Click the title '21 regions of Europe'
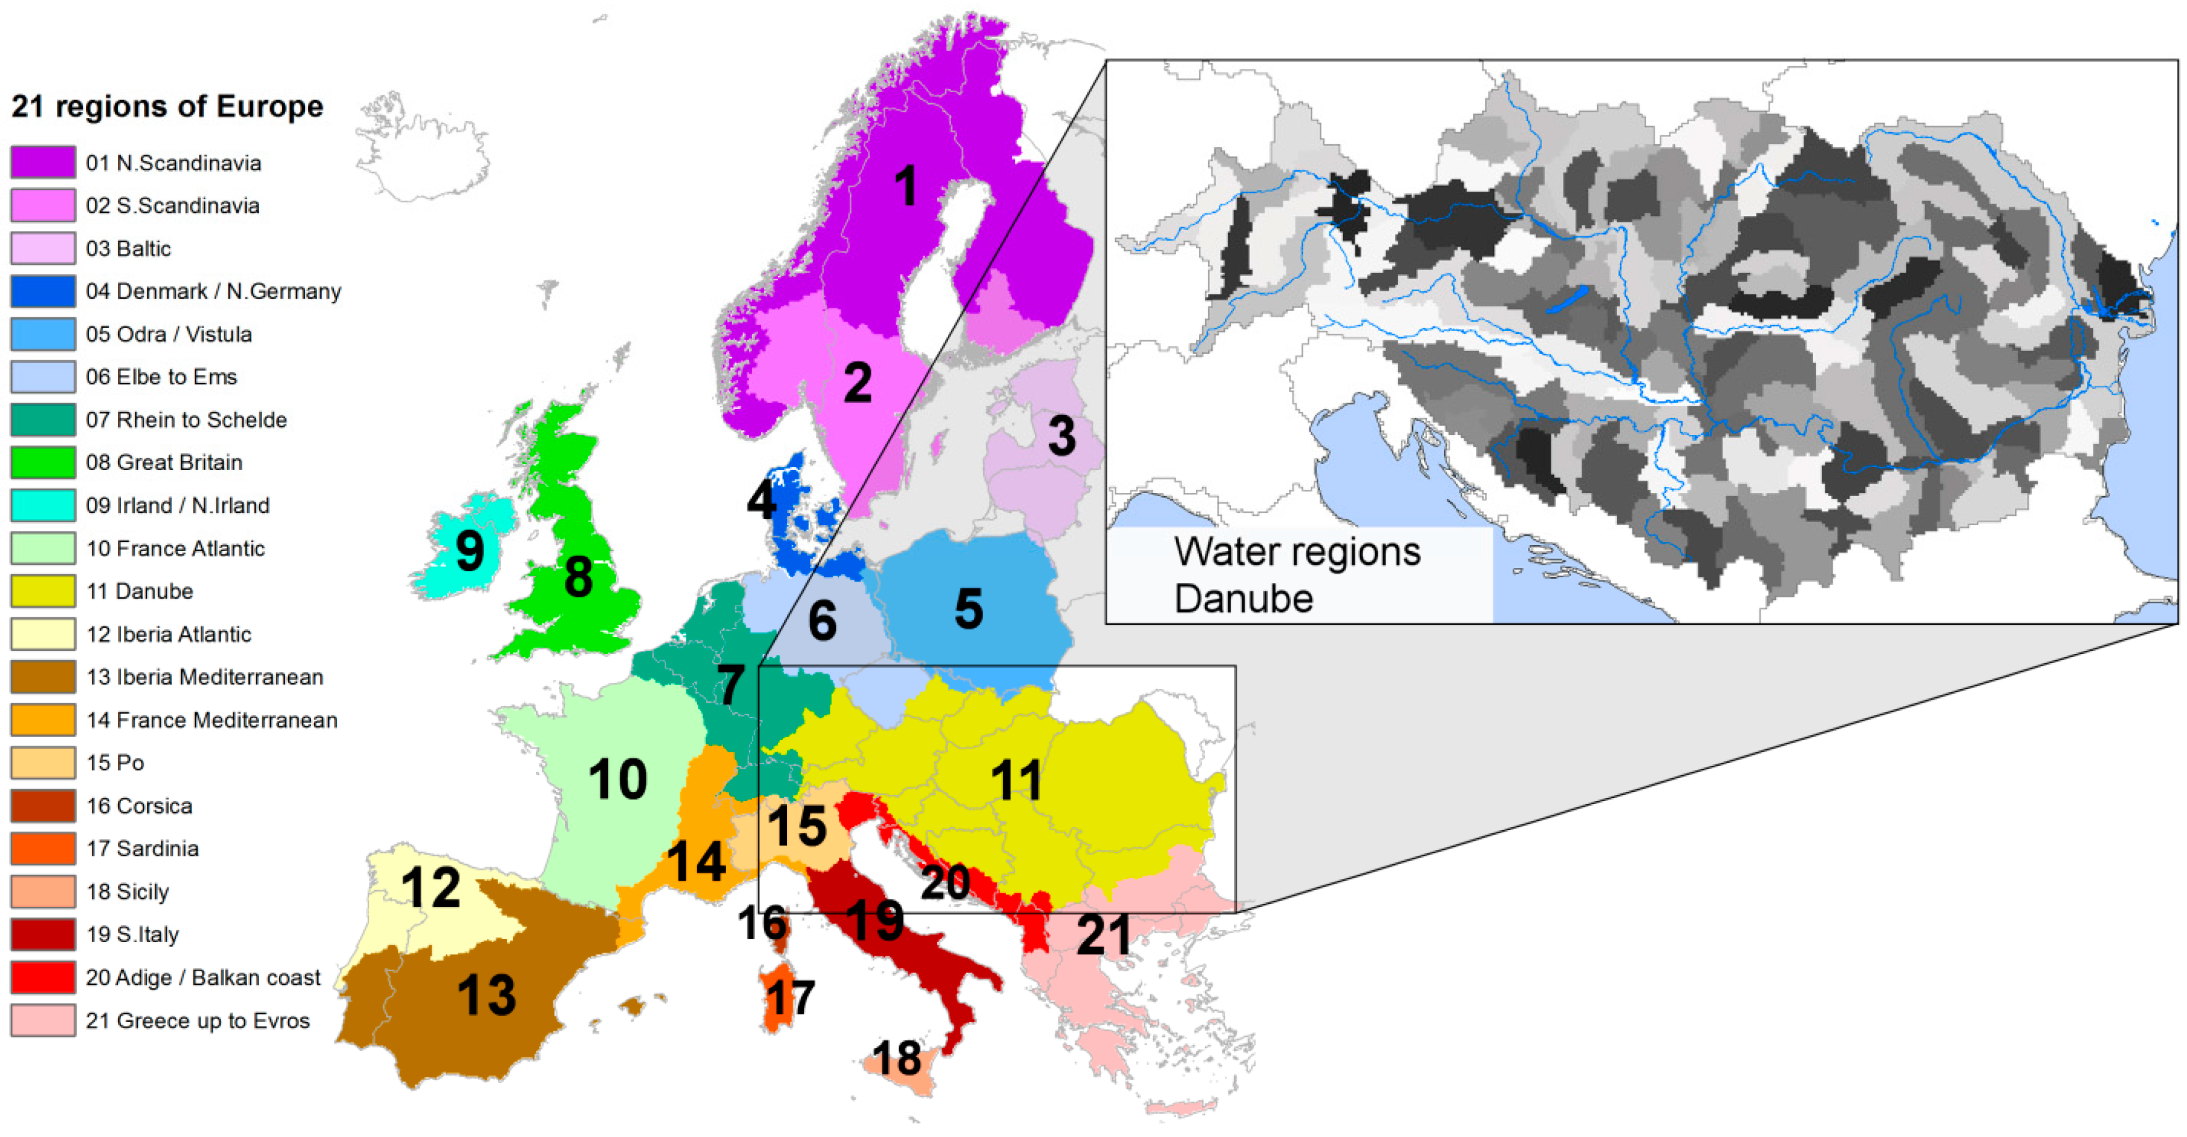(167, 107)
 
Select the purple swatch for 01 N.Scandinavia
(43, 162)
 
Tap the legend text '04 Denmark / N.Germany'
(213, 291)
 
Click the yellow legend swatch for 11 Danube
(43, 591)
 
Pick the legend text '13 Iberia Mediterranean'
(205, 677)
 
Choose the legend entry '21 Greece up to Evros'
(198, 1020)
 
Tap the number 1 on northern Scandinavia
(906, 186)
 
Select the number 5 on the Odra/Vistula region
(969, 609)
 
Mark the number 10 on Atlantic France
(618, 779)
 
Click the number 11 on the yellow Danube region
(1017, 779)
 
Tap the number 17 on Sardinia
(790, 998)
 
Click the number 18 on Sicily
(897, 1058)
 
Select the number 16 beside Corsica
(762, 922)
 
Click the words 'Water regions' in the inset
(1297, 552)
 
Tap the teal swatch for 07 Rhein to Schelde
(43, 419)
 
